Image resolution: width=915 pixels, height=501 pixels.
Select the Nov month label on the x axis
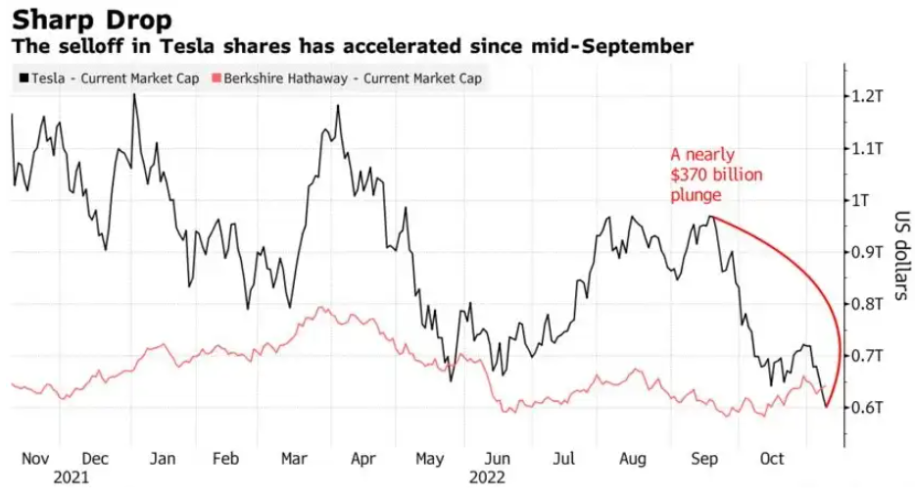click(x=35, y=458)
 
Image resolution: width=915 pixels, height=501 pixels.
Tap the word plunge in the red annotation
click(x=697, y=195)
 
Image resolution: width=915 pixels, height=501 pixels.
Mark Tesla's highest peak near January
click(x=134, y=95)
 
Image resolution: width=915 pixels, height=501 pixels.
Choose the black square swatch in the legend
click(x=22, y=77)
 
